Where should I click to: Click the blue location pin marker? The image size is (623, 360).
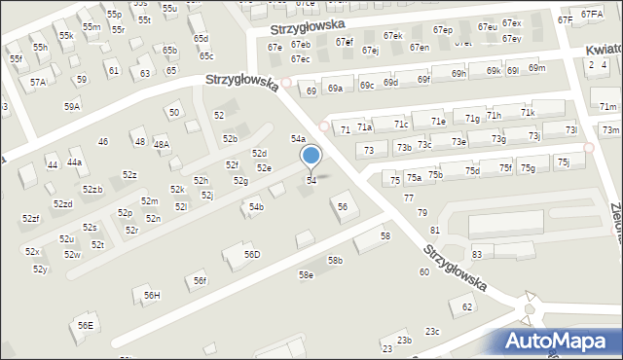pyautogui.click(x=311, y=156)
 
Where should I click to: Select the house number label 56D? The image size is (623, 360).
pyautogui.click(x=252, y=255)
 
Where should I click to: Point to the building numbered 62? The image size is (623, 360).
pyautogui.click(x=467, y=307)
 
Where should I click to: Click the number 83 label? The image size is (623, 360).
pyautogui.click(x=477, y=254)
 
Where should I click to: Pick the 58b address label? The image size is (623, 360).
pyautogui.click(x=335, y=261)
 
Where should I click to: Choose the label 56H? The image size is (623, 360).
pyautogui.click(x=152, y=295)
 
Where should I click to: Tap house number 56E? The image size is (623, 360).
pyautogui.click(x=86, y=325)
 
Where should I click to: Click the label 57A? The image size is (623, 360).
pyautogui.click(x=37, y=83)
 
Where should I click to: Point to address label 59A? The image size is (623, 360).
pyautogui.click(x=72, y=106)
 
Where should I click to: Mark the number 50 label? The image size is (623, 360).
pyautogui.click(x=174, y=113)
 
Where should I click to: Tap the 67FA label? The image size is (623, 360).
pyautogui.click(x=592, y=15)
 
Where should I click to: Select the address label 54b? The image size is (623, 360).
pyautogui.click(x=256, y=207)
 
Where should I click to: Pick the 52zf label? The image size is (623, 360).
pyautogui.click(x=31, y=219)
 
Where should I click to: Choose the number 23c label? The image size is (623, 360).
pyautogui.click(x=432, y=332)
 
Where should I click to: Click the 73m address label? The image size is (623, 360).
pyautogui.click(x=610, y=130)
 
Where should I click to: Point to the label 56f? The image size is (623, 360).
pyautogui.click(x=200, y=281)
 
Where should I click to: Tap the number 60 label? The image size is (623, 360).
pyautogui.click(x=424, y=272)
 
